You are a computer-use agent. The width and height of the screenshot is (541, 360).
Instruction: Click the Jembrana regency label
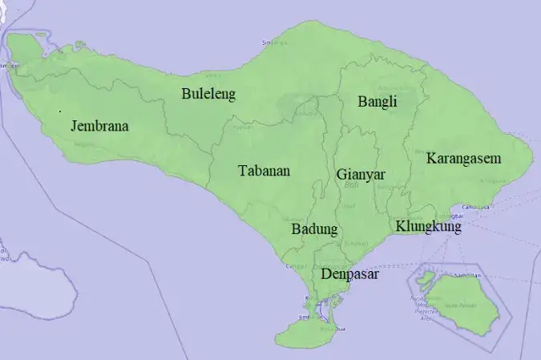click(x=99, y=126)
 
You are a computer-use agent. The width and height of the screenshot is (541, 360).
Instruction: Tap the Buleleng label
click(x=208, y=95)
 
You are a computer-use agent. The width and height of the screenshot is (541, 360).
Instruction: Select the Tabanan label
click(x=264, y=171)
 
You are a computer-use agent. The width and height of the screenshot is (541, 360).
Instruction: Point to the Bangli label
click(x=377, y=102)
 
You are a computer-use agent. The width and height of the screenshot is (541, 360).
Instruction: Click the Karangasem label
click(x=463, y=158)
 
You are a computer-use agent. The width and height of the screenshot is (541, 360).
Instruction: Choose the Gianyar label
click(x=361, y=174)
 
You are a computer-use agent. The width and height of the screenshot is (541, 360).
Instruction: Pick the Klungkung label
click(x=429, y=227)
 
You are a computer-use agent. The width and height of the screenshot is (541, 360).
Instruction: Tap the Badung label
click(x=314, y=229)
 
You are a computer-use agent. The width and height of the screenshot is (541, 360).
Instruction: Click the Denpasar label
click(x=349, y=274)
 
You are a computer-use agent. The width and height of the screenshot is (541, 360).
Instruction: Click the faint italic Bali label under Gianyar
click(x=349, y=185)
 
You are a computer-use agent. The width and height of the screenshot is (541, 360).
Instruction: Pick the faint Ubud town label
click(x=348, y=205)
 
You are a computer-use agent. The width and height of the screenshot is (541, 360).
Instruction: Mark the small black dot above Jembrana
click(x=60, y=108)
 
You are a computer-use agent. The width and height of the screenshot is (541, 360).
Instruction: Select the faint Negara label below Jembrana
click(x=81, y=145)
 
